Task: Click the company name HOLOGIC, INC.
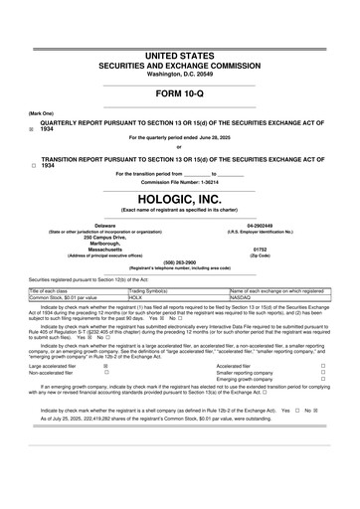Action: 179,198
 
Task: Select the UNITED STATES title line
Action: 179,52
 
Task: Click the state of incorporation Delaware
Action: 104,225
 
